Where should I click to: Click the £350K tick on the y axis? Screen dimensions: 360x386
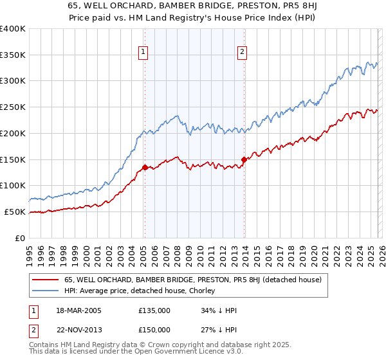click(13, 55)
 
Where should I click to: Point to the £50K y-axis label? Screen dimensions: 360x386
click(15, 212)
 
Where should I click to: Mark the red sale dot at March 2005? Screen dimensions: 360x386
click(145, 167)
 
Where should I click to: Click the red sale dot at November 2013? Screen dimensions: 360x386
click(244, 159)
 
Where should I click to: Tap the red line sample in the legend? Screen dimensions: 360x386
click(46, 280)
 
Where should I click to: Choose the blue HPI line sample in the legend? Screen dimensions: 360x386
click(46, 291)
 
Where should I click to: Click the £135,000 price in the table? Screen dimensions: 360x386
click(154, 310)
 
